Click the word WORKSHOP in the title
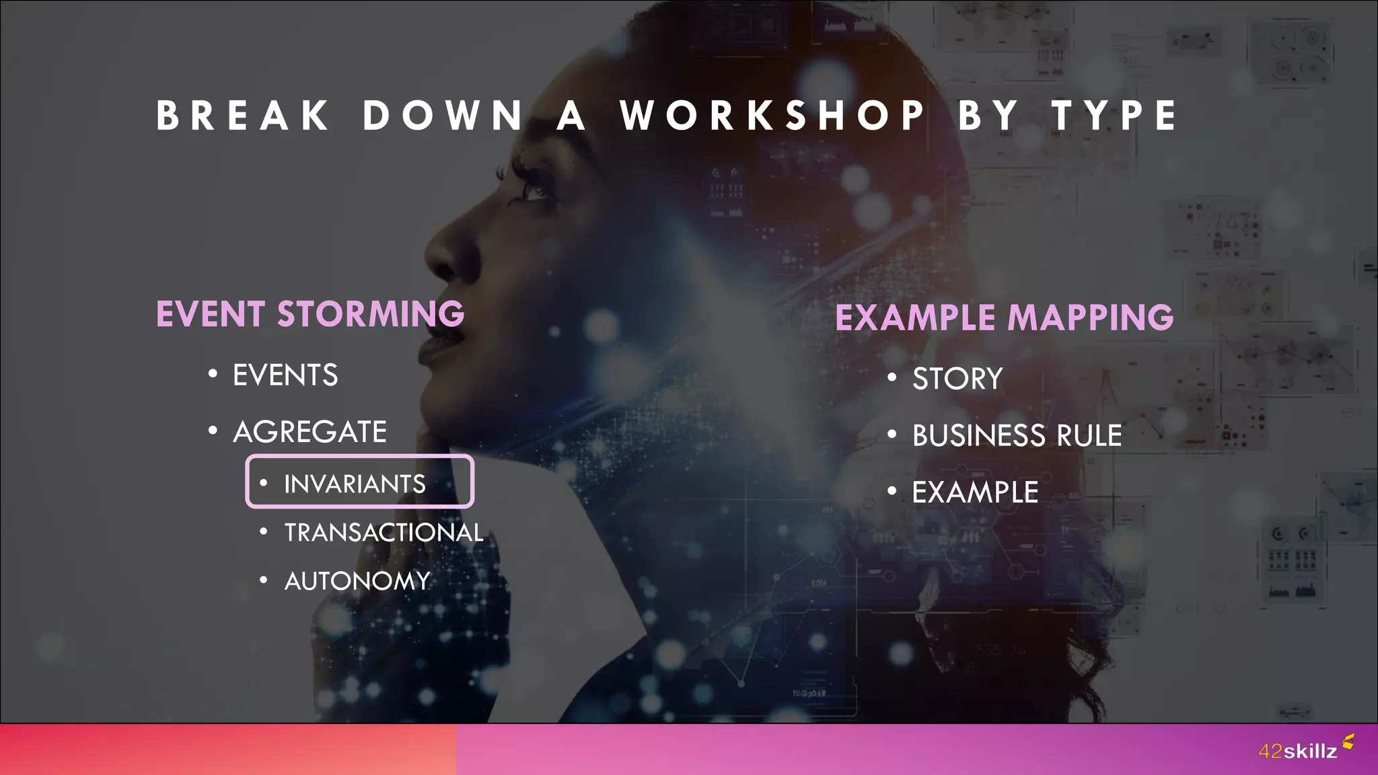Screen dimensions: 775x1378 pyautogui.click(x=773, y=116)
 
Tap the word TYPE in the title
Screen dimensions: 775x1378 pyautogui.click(x=1114, y=116)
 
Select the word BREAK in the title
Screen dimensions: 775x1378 pyautogui.click(x=243, y=116)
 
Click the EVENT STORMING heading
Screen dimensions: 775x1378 pyautogui.click(x=310, y=314)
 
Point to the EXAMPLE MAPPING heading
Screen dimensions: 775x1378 pyautogui.click(x=1004, y=318)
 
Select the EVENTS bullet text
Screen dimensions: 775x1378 pyautogui.click(x=285, y=375)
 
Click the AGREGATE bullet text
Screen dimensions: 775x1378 pyautogui.click(x=310, y=432)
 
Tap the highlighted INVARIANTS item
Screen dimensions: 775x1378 pyautogui.click(x=355, y=484)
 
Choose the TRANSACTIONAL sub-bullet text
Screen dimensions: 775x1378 pyautogui.click(x=384, y=533)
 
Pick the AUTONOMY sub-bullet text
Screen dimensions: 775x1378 pyautogui.click(x=357, y=581)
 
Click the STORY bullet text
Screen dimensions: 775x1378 pyautogui.click(x=957, y=379)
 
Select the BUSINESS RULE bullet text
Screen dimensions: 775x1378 pyautogui.click(x=1017, y=435)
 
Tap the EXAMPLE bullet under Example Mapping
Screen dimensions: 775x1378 pyautogui.click(x=975, y=492)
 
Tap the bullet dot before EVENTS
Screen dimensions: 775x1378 pyautogui.click(x=213, y=373)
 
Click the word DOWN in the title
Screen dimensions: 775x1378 pyautogui.click(x=443, y=116)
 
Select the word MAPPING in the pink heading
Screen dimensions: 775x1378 pyautogui.click(x=1090, y=318)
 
